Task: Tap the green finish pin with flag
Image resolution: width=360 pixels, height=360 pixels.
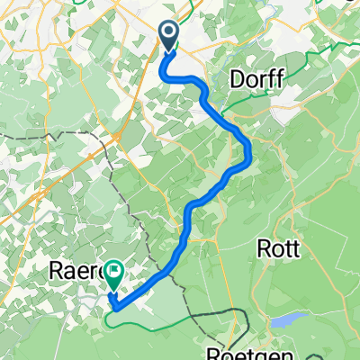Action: point(115,269)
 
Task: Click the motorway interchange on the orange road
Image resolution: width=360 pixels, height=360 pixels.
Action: point(118,136)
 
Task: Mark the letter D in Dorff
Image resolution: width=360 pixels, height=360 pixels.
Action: point(237,79)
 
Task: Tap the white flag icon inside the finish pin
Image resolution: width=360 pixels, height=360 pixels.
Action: point(115,267)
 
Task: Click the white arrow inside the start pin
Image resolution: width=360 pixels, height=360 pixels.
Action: point(168,34)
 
